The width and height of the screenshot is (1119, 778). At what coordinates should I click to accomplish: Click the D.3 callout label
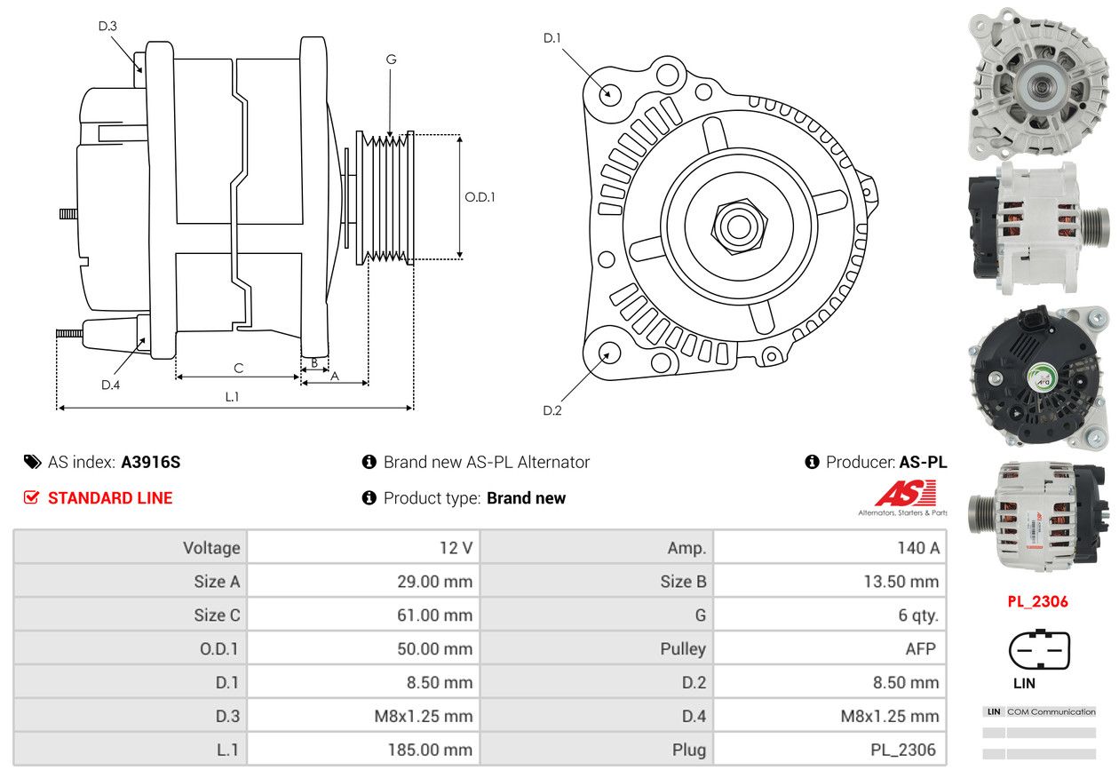pyautogui.click(x=107, y=26)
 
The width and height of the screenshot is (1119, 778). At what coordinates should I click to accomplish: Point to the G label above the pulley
pyautogui.click(x=391, y=60)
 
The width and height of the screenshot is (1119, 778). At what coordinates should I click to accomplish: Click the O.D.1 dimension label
pyautogui.click(x=480, y=197)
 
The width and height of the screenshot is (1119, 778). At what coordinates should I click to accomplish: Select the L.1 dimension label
pyautogui.click(x=232, y=397)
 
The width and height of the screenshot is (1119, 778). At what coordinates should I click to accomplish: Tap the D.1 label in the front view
pyautogui.click(x=552, y=38)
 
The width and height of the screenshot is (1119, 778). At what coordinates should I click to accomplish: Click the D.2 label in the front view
pyautogui.click(x=552, y=410)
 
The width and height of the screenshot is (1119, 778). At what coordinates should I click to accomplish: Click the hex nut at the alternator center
pyautogui.click(x=739, y=226)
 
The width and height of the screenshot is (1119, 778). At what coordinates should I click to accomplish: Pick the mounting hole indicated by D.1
pyautogui.click(x=609, y=94)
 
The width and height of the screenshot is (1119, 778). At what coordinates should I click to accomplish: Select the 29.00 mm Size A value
pyautogui.click(x=434, y=582)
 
